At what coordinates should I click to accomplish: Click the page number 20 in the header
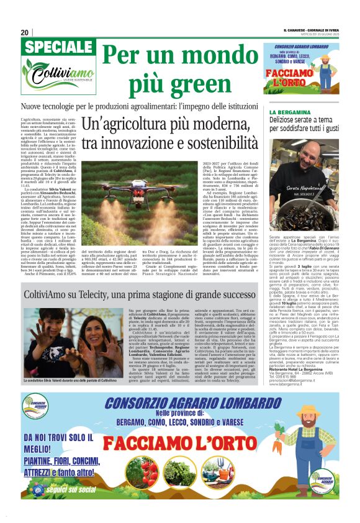click(x=25, y=32)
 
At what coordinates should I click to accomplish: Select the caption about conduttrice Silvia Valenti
click(x=70, y=381)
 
